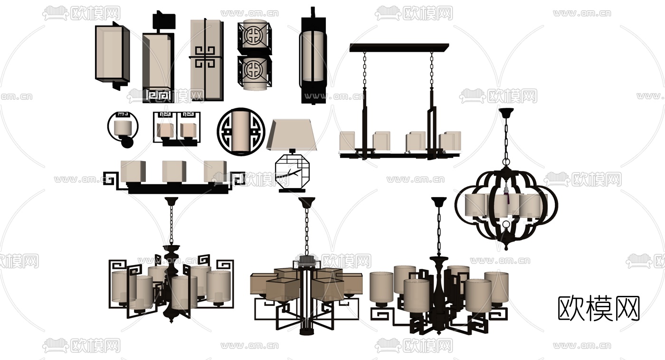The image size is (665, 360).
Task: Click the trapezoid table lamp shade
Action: (x=292, y=135)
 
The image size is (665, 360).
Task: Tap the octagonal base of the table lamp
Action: (x=290, y=172)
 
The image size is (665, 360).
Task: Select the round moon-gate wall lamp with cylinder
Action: (x=241, y=132)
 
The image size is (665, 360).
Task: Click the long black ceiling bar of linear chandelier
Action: (x=399, y=47)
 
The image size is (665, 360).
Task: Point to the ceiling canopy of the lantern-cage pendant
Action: (x=506, y=113)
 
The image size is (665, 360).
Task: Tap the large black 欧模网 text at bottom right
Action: (x=598, y=309)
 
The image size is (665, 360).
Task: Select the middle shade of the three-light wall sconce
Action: (x=174, y=171)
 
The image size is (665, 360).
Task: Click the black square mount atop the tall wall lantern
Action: (x=163, y=20)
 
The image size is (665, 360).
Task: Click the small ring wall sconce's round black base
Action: (x=127, y=143)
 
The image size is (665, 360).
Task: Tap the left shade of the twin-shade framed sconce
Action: (x=165, y=130)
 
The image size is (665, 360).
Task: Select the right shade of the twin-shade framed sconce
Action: (x=188, y=130)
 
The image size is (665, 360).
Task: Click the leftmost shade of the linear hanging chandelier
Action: (x=347, y=141)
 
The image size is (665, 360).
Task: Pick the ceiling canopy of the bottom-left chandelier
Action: (x=171, y=201)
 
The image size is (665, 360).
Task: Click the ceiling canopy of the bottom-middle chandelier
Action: (x=307, y=202)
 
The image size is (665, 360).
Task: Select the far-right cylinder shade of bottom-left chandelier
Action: (x=218, y=286)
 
